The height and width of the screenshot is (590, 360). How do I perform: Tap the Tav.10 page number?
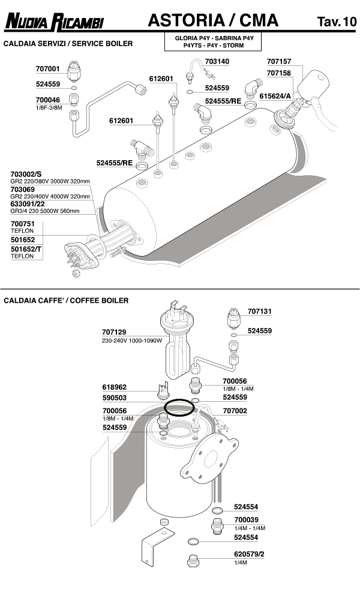[x=336, y=23]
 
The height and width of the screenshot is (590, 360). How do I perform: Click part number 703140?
[x=217, y=61]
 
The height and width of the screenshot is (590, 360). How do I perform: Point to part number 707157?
[x=278, y=61]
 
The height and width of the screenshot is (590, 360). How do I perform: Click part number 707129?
[x=114, y=332]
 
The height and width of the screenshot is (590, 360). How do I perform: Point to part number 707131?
[x=259, y=311]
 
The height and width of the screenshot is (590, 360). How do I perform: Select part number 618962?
[x=114, y=387]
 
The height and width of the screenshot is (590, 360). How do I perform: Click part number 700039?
[x=246, y=520]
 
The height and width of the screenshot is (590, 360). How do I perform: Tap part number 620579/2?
[x=249, y=555]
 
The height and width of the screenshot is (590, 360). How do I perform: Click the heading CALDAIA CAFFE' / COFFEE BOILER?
[x=66, y=300]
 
